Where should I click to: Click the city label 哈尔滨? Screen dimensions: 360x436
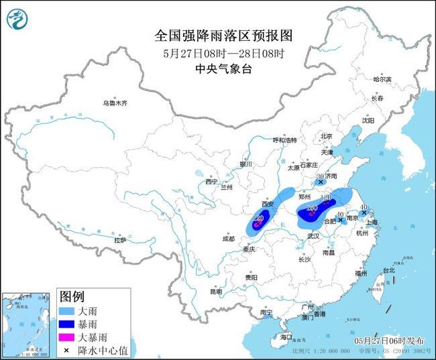[381, 79]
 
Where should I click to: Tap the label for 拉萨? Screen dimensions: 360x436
[120, 239]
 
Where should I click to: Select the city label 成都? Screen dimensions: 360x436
[228, 239]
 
